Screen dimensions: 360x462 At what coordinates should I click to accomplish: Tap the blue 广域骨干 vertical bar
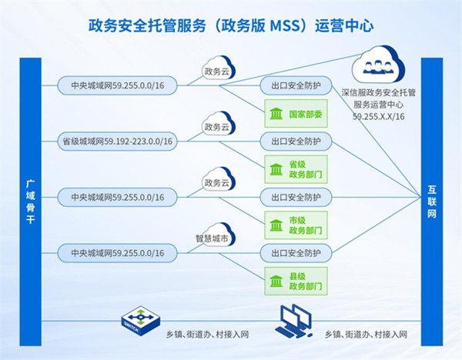(x=28, y=192)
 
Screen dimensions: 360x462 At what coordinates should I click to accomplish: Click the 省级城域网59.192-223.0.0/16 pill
(x=117, y=141)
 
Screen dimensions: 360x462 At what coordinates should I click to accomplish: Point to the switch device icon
(x=140, y=317)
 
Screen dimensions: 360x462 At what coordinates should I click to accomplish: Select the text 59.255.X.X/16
(x=379, y=115)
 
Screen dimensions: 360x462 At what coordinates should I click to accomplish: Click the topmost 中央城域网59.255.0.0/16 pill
(x=117, y=85)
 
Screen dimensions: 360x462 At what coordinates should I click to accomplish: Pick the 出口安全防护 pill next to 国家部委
(x=296, y=85)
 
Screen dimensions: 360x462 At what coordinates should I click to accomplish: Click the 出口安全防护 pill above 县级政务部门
(x=296, y=252)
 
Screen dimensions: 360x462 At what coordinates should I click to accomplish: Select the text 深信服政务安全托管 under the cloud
(x=379, y=91)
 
